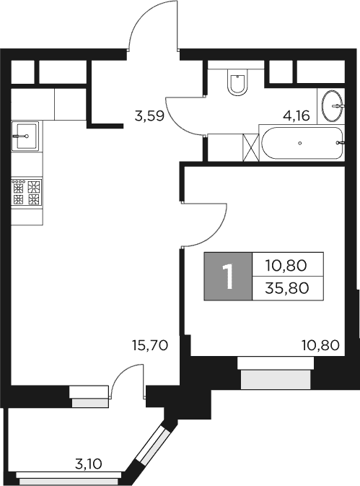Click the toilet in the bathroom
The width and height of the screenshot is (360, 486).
(x=237, y=83)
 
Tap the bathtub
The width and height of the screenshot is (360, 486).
(x=301, y=144)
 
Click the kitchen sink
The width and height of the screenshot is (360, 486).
(x=26, y=135)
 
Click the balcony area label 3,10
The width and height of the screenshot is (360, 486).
(x=88, y=463)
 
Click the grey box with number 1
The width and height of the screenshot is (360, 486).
(x=228, y=277)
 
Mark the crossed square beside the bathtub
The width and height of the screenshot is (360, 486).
(x=251, y=147)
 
